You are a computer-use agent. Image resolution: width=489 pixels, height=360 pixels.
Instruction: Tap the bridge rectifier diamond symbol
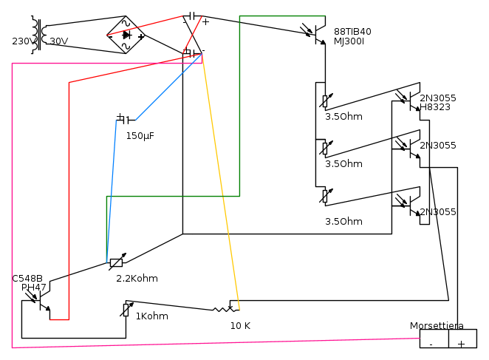click(x=126, y=35)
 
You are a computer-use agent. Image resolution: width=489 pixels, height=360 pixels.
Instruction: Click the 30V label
click(x=59, y=41)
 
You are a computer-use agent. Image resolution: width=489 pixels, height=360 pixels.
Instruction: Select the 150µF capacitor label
click(x=140, y=136)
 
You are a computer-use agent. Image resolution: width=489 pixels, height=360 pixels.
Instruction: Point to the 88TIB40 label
click(x=352, y=32)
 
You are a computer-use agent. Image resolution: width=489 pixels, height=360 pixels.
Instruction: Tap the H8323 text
click(x=435, y=107)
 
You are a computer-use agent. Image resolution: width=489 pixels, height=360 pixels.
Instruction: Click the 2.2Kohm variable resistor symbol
click(x=116, y=262)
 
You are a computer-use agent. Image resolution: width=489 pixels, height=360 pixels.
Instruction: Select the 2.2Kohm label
click(x=137, y=279)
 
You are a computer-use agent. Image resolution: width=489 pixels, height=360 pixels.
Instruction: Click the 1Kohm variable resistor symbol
click(x=126, y=309)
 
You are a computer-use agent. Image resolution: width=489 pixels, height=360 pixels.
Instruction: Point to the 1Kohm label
click(x=151, y=316)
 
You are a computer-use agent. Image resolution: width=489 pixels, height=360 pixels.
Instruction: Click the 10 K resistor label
click(x=240, y=325)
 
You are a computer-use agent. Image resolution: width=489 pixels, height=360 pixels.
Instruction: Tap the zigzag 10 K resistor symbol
click(x=221, y=309)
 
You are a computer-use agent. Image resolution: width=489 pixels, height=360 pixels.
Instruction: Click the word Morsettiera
click(x=437, y=326)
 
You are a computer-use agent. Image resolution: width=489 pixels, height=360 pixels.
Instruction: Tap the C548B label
click(x=27, y=279)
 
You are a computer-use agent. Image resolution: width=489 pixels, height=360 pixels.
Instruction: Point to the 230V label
click(x=22, y=41)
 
